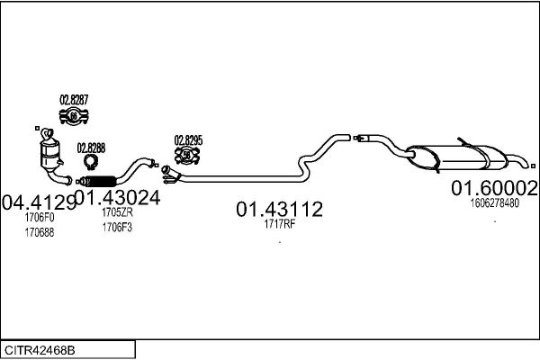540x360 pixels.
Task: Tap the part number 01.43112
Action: (x=279, y=210)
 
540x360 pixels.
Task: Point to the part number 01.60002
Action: (x=494, y=188)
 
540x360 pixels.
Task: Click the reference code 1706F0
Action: (x=40, y=217)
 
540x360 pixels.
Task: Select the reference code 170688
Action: (x=40, y=232)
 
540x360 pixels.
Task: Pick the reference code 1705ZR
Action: (x=117, y=212)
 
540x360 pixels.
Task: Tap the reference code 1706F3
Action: (x=117, y=227)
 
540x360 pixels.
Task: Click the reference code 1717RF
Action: (x=279, y=224)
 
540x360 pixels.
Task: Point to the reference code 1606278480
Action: (x=494, y=203)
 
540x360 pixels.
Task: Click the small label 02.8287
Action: (x=74, y=99)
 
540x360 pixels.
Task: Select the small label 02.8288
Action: (x=91, y=148)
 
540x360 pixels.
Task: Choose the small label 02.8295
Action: (x=188, y=140)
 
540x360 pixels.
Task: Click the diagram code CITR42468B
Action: (x=40, y=348)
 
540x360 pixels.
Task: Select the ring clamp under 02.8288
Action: (x=91, y=162)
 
